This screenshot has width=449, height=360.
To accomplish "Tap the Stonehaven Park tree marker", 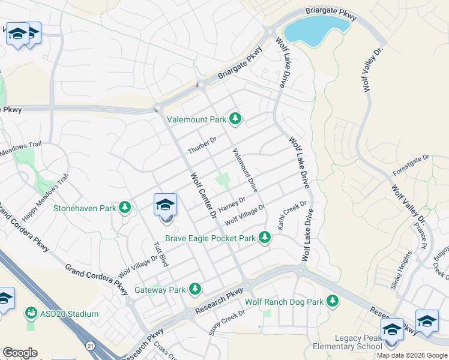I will pyautogui.click(x=125, y=208).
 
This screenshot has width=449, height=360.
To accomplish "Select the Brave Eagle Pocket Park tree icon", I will pyautogui.click(x=264, y=238).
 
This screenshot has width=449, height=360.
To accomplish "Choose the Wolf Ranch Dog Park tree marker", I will pyautogui.click(x=333, y=302).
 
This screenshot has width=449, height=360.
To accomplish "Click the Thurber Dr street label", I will pyautogui.click(x=201, y=145).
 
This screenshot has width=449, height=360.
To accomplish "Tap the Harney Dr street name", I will pyautogui.click(x=232, y=205).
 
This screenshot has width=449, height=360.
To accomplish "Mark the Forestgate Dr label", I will pyautogui.click(x=412, y=166).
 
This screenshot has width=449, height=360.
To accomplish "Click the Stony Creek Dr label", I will pyautogui.click(x=228, y=322).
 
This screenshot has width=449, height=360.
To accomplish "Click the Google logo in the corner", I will pyautogui.click(x=20, y=353).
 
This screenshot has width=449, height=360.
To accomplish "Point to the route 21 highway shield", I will pyautogui.click(x=89, y=346).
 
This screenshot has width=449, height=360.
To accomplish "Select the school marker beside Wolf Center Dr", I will pyautogui.click(x=165, y=206).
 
